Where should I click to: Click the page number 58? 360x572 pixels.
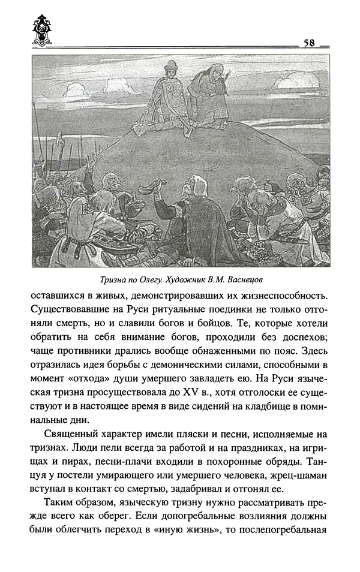(x=310, y=43)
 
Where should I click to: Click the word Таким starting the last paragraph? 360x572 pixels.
(x=59, y=483)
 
